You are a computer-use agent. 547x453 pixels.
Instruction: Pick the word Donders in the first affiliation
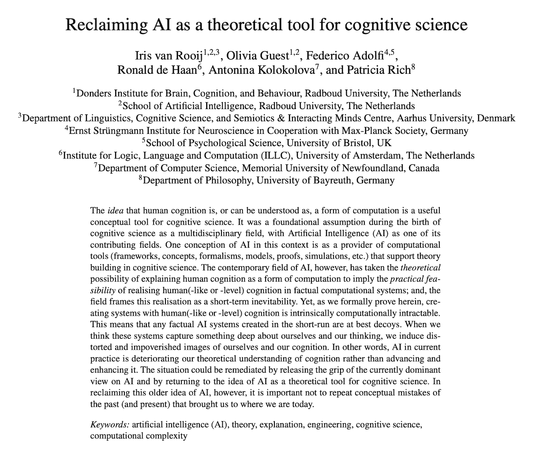(x=94, y=94)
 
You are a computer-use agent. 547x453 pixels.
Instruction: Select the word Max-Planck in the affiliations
(x=367, y=131)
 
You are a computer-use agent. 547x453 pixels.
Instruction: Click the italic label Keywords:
(x=110, y=425)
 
